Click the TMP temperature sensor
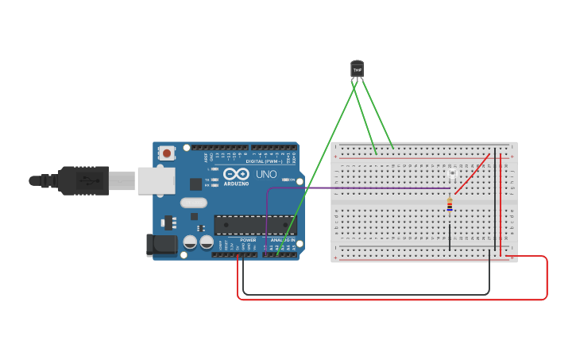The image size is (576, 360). pos(357,70)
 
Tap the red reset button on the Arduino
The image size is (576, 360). pos(166,153)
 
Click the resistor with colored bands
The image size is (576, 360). pos(450,205)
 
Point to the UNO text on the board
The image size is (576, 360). pos(266,174)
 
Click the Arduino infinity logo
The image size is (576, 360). pos(236,173)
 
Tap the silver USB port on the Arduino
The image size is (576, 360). pos(156,180)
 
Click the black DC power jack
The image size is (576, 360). pos(162,245)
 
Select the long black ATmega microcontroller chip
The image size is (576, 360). pos(254,225)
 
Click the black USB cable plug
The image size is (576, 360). pos(83,180)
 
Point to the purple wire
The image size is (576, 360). pos(358,188)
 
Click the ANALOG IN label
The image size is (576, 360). pos(283,240)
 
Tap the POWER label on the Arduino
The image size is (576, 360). pos(248,240)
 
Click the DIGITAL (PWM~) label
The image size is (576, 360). pos(264,161)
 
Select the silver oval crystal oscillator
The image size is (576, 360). pos(193,203)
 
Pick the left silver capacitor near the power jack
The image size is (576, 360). pos(190,242)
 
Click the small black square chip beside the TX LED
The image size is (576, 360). pos(195,184)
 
